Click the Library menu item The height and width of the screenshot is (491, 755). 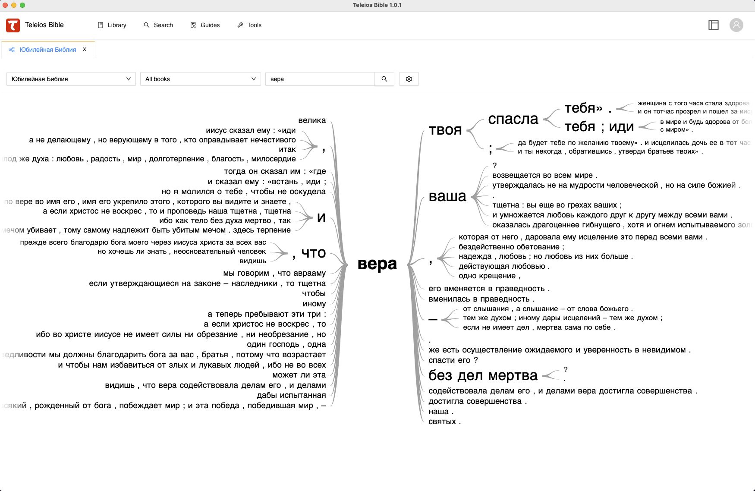click(x=112, y=25)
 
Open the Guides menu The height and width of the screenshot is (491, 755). click(x=205, y=25)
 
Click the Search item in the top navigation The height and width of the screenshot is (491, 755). click(x=158, y=25)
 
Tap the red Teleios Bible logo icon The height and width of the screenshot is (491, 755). click(x=13, y=25)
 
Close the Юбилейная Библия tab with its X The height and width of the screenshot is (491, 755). click(x=85, y=50)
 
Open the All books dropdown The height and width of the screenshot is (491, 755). click(x=201, y=79)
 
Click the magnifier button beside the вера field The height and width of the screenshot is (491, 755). click(x=384, y=79)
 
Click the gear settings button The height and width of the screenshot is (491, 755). click(x=409, y=79)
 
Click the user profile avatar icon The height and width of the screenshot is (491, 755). click(x=736, y=25)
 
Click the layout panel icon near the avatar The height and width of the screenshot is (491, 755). click(x=714, y=25)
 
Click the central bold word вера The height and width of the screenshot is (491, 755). click(x=377, y=264)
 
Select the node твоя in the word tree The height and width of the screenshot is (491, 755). click(x=445, y=130)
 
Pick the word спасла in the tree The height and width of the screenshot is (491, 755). click(x=513, y=119)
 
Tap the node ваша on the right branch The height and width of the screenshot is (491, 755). click(x=447, y=196)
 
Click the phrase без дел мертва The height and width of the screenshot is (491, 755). click(x=483, y=375)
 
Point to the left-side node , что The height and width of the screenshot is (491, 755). click(x=309, y=253)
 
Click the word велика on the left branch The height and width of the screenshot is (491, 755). click(x=312, y=120)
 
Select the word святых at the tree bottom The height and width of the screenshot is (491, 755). click(x=442, y=422)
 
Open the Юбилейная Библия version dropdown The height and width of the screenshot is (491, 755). click(x=71, y=79)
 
